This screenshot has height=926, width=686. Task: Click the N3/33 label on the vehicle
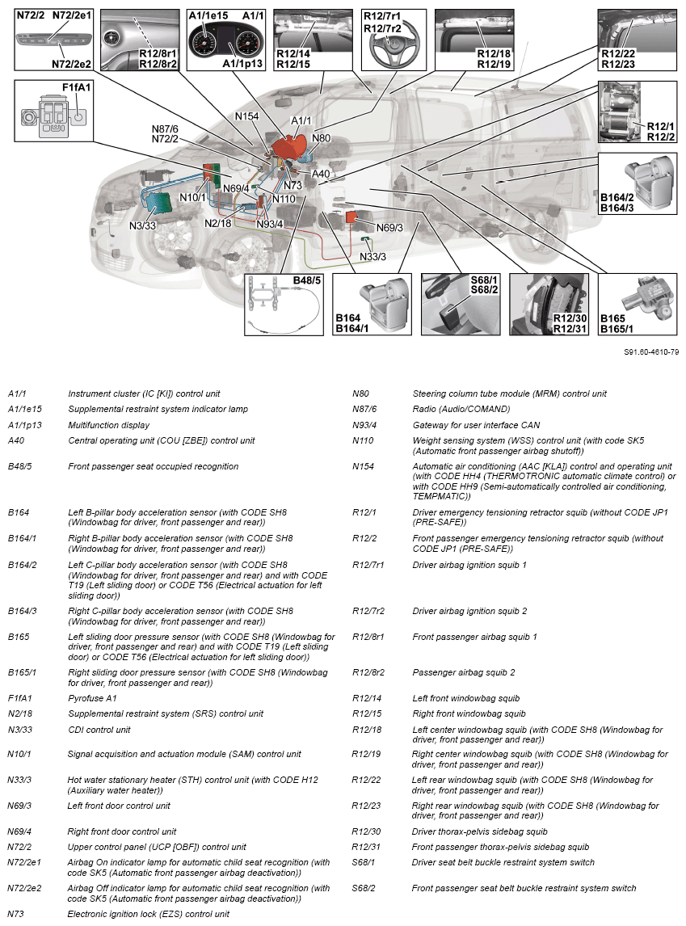tap(142, 225)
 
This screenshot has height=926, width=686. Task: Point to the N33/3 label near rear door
tap(372, 257)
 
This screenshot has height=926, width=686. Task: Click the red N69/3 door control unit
tap(353, 217)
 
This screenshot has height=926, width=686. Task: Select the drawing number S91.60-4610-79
tap(651, 352)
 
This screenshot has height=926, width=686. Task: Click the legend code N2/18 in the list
tap(20, 713)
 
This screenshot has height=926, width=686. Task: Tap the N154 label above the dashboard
tap(246, 116)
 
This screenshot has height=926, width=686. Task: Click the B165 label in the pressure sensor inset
tap(608, 319)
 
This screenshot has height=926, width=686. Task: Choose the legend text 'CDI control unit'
tap(99, 730)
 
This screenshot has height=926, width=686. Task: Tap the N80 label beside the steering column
tap(321, 138)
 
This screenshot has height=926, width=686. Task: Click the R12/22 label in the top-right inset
tap(618, 53)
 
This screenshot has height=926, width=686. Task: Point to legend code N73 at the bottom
tap(16, 914)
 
